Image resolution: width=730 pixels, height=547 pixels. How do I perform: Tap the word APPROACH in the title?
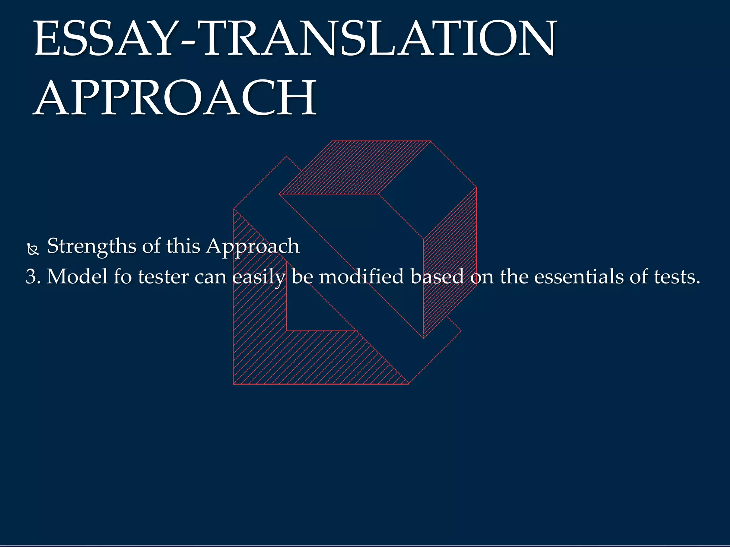[175, 98]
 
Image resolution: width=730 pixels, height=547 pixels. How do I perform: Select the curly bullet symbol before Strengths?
[33, 250]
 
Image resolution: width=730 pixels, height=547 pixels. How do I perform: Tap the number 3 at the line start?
[31, 277]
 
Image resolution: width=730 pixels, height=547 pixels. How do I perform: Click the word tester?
[163, 277]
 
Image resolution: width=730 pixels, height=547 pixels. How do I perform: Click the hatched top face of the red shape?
[356, 167]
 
